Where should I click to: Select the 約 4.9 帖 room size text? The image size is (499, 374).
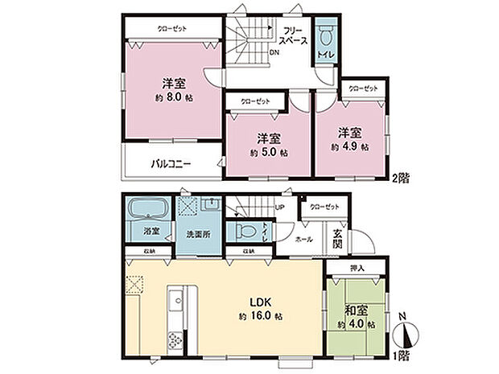[349, 147]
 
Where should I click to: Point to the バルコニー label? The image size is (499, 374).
[171, 165]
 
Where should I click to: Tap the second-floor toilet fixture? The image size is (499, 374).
[324, 37]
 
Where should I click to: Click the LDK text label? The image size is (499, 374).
[267, 302]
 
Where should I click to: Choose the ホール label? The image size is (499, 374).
[304, 239]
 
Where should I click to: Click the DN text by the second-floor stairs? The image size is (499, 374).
[274, 53]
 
